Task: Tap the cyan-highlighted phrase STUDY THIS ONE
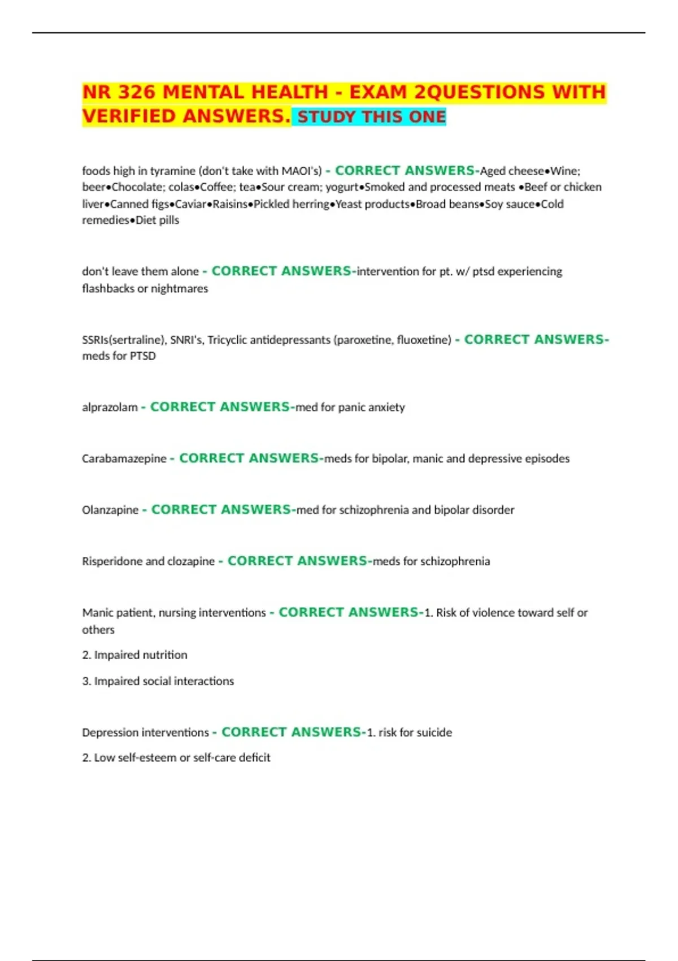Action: pyautogui.click(x=372, y=117)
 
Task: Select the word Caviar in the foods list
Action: pyautogui.click(x=191, y=204)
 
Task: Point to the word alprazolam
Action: pyautogui.click(x=110, y=407)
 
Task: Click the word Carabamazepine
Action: pyautogui.click(x=124, y=458)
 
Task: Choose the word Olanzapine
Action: pyautogui.click(x=110, y=510)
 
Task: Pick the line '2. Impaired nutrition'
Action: pyautogui.click(x=134, y=655)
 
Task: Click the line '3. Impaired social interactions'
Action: pyautogui.click(x=158, y=681)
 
